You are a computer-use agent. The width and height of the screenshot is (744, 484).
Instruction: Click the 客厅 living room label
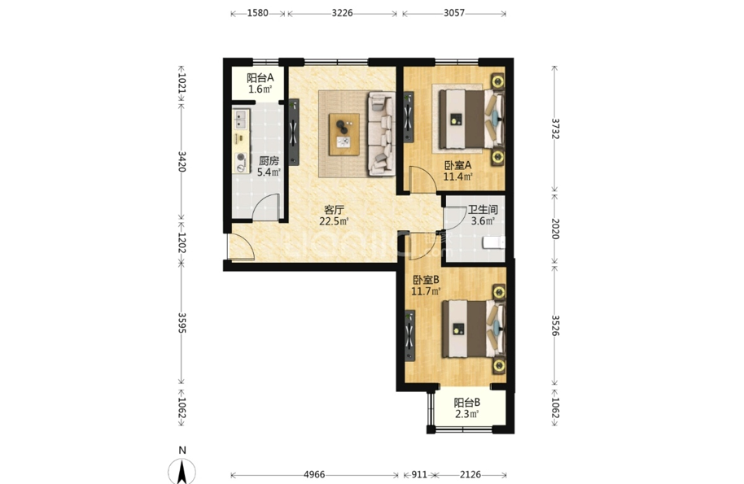click(334, 210)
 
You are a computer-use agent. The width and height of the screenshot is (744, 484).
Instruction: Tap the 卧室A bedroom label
click(457, 165)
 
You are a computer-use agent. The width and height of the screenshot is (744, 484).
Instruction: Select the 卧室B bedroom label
click(426, 280)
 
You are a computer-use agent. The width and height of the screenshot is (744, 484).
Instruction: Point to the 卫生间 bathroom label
click(483, 209)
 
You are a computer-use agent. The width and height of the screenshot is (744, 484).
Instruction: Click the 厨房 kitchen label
click(269, 161)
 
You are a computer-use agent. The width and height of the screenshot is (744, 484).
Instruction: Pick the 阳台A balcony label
click(260, 78)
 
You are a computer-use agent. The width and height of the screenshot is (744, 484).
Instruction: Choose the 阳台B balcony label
click(467, 403)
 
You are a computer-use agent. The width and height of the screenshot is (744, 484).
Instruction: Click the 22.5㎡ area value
click(334, 221)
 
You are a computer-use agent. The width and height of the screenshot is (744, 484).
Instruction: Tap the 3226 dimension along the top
click(342, 13)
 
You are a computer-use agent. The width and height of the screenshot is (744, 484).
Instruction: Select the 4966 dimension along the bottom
click(314, 474)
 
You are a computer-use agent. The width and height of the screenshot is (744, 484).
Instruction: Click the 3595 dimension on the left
click(182, 322)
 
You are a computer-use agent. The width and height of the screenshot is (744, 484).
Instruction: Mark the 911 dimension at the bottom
click(419, 474)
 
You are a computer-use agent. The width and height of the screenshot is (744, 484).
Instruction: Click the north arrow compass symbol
click(182, 471)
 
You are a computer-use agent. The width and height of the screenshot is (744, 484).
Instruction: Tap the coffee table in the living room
click(344, 134)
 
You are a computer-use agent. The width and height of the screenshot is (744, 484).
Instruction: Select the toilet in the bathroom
click(493, 242)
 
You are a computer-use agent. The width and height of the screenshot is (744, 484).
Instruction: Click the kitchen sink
click(241, 119)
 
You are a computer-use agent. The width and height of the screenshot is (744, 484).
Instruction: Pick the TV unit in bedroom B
click(409, 336)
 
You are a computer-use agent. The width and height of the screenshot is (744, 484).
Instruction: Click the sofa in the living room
click(381, 133)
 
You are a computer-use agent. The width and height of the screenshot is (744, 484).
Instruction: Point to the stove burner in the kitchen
click(241, 157)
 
